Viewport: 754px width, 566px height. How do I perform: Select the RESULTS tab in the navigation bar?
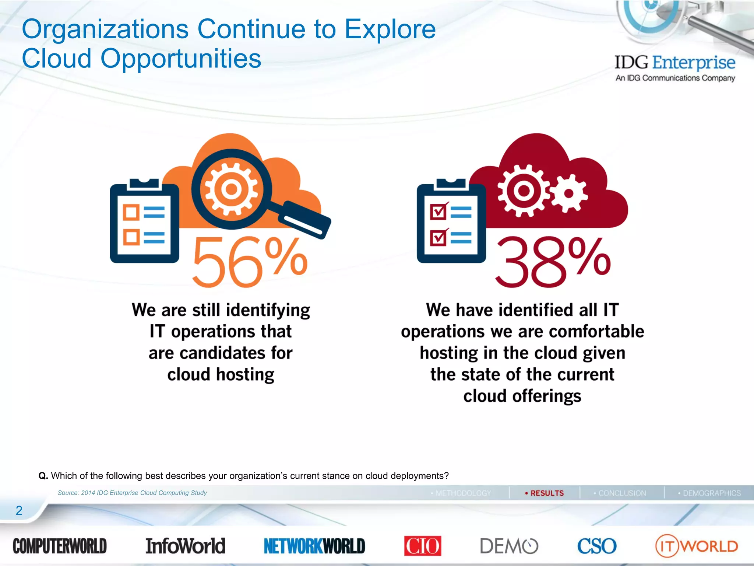coord(545,493)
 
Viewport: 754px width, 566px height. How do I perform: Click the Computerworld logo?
coord(60,546)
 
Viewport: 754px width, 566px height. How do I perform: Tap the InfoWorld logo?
coord(185,546)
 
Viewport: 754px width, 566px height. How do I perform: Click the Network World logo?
coord(314,546)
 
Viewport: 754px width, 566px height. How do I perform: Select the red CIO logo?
coord(422,546)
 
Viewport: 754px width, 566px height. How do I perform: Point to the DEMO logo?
coord(509,546)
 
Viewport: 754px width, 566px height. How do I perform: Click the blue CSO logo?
coord(596,546)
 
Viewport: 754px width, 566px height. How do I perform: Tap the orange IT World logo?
coord(697,546)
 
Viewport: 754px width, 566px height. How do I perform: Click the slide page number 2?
coord(19,510)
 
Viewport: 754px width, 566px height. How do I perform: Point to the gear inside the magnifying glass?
coord(231,189)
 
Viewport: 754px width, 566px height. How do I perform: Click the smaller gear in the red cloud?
coord(568,193)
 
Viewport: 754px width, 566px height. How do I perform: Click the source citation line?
coord(132,493)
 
